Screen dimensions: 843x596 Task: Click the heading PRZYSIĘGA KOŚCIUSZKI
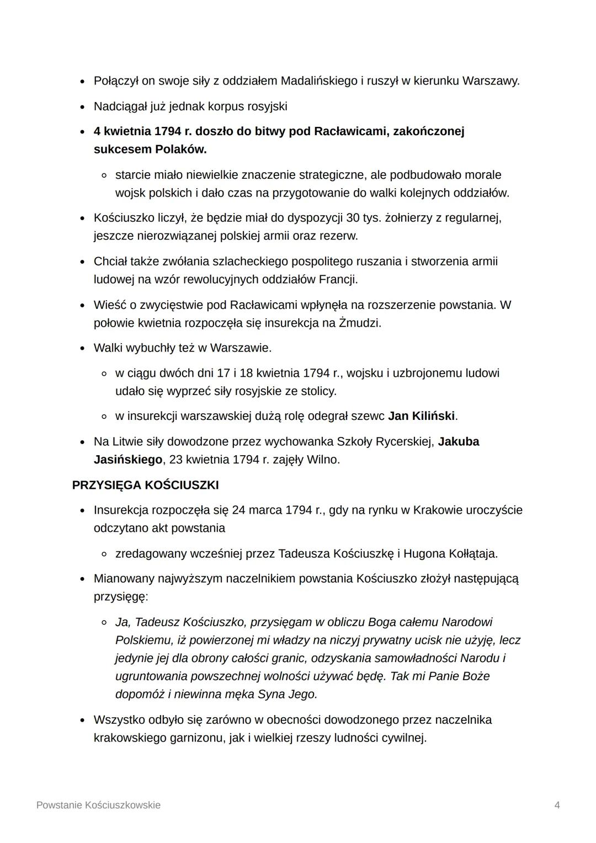tap(145, 485)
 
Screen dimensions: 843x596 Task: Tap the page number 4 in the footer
tap(557, 805)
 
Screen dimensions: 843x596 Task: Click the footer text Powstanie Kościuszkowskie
tap(98, 805)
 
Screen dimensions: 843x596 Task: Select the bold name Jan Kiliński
tap(422, 416)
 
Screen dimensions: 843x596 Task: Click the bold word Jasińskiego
tap(127, 460)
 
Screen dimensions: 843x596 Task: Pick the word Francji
tap(338, 280)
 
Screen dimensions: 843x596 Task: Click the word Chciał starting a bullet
tap(110, 262)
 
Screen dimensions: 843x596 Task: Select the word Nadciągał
tap(120, 106)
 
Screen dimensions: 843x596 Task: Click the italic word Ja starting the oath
tap(121, 622)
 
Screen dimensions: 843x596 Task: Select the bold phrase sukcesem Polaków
tap(150, 150)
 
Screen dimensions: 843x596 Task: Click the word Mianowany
tap(124, 579)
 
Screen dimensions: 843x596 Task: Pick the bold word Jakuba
tap(458, 442)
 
